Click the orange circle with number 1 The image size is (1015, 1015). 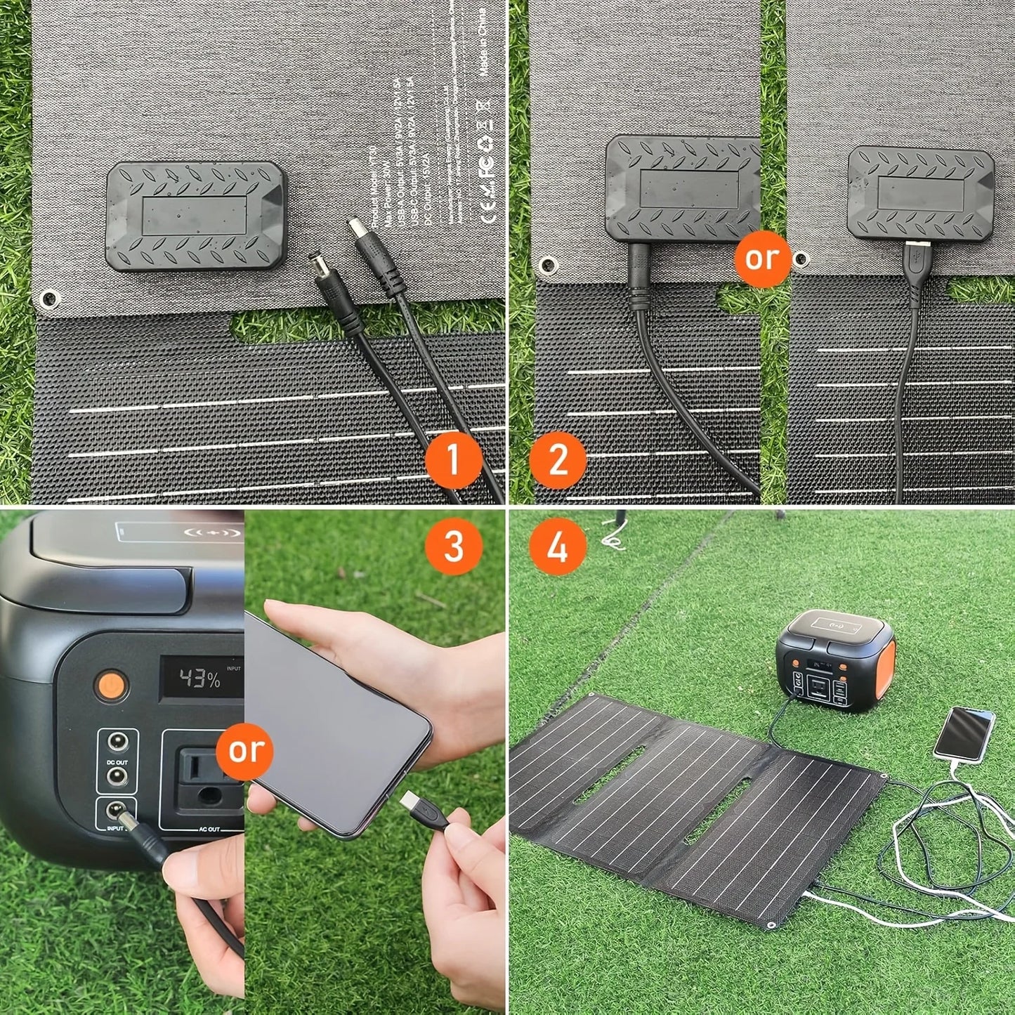(454, 460)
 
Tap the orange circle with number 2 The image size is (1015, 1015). (558, 460)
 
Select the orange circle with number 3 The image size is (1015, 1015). (454, 546)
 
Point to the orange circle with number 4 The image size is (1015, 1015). (558, 546)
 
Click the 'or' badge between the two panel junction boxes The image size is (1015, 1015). (761, 258)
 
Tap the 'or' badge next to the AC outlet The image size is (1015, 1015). (245, 751)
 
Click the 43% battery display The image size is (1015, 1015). (200, 679)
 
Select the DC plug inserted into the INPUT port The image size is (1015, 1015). (137, 833)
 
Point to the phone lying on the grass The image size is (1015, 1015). (964, 735)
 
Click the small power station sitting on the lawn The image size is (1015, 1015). (834, 660)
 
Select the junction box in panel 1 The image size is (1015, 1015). (197, 216)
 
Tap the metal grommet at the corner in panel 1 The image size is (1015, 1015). (48, 299)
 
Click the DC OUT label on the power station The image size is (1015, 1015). (117, 762)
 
